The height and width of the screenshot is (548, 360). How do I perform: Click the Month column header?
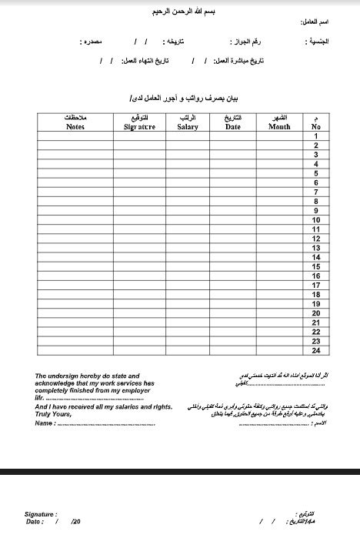tap(279, 122)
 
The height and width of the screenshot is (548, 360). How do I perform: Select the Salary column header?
tap(188, 122)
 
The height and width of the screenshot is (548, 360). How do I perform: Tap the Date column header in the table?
tap(233, 122)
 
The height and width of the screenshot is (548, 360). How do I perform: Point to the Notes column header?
tap(75, 122)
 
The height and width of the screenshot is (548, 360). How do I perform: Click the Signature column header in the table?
tap(139, 122)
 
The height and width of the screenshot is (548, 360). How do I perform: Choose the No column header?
tap(315, 122)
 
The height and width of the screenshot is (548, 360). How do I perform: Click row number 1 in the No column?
tap(315, 136)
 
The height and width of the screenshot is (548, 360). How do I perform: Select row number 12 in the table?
tap(315, 239)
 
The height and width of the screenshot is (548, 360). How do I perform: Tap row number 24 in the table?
tap(315, 350)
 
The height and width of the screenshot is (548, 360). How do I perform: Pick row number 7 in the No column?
tap(315, 192)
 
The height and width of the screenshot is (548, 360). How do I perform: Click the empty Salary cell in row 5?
tap(188, 173)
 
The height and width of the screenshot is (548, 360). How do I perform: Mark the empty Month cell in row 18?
tap(279, 294)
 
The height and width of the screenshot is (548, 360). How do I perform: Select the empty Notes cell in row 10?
tap(75, 219)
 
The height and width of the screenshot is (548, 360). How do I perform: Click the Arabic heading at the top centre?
tap(181, 13)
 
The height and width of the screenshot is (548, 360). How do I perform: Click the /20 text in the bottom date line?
tap(75, 521)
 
